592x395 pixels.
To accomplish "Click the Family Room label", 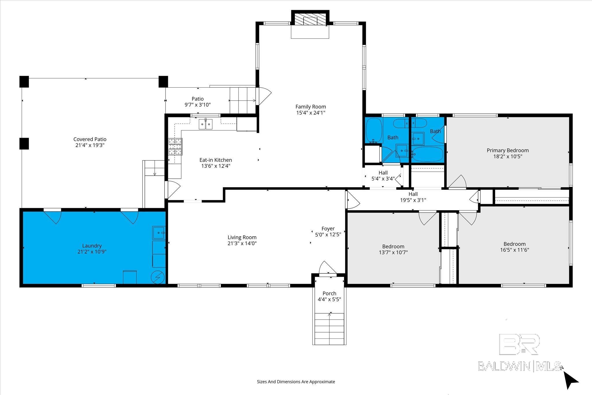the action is pyautogui.click(x=310, y=107).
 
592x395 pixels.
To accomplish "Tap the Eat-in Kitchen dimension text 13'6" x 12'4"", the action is pyautogui.click(x=216, y=166).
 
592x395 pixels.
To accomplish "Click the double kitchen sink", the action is pyautogui.click(x=206, y=124).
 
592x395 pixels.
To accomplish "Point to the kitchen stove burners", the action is pyautogui.click(x=175, y=147).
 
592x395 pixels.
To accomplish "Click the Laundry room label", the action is pyautogui.click(x=92, y=246).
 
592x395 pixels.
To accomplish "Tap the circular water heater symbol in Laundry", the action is pyautogui.click(x=158, y=278).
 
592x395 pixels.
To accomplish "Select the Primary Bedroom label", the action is pyautogui.click(x=508, y=150).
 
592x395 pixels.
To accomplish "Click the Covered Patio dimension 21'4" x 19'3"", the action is pyautogui.click(x=90, y=145).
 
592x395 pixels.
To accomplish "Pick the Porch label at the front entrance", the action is pyautogui.click(x=329, y=294).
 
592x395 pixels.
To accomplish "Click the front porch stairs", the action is pyautogui.click(x=329, y=328).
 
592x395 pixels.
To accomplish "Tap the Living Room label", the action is pyautogui.click(x=242, y=237).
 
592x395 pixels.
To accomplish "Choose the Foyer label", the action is pyautogui.click(x=328, y=229).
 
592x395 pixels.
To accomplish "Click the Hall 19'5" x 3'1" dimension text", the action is pyautogui.click(x=413, y=200).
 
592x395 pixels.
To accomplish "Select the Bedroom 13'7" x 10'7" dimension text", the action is pyautogui.click(x=393, y=252).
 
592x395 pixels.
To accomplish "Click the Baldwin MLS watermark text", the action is pyautogui.click(x=519, y=366).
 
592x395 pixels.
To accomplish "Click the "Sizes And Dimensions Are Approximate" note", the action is pyautogui.click(x=296, y=382).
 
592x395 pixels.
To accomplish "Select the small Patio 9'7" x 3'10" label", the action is pyautogui.click(x=198, y=102).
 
